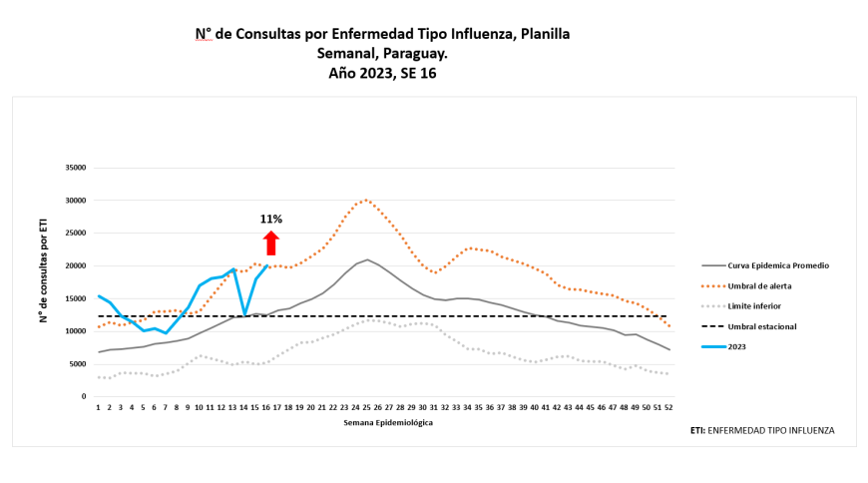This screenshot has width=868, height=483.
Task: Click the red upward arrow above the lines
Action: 270,242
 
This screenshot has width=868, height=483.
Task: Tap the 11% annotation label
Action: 270,220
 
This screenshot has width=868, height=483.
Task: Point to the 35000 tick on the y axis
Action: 75,168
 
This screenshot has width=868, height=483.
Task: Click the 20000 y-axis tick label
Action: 75,265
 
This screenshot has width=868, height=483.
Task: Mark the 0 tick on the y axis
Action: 84,396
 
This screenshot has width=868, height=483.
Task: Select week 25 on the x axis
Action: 367,407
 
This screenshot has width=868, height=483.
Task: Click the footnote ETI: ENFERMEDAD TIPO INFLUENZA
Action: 761,430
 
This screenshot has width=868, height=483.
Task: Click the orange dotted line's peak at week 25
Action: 367,200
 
